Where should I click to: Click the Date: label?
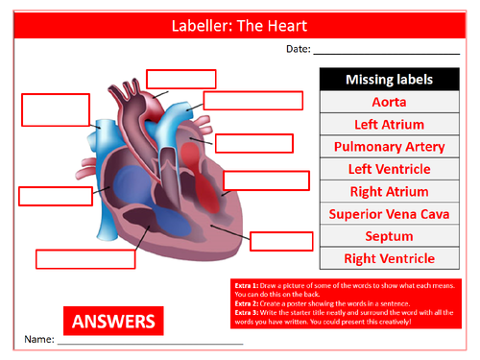[298, 49]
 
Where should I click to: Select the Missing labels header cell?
[389, 80]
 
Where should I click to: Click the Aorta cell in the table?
[389, 102]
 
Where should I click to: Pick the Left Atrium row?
[389, 124]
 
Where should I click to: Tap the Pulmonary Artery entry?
[389, 147]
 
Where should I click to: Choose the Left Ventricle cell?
[389, 169]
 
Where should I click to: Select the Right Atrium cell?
[389, 191]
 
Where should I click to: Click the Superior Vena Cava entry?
[389, 214]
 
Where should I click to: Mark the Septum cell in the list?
[389, 236]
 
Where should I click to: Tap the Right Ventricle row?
[389, 258]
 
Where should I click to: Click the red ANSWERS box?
[113, 318]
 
